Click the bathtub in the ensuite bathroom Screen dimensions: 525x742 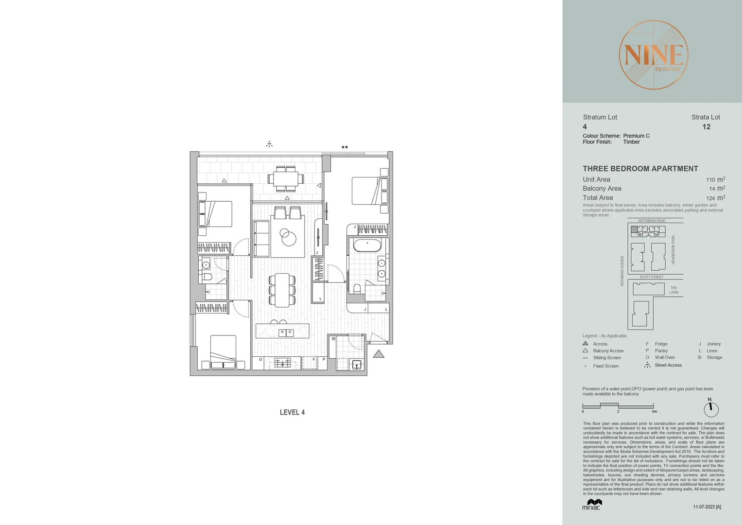(x=367, y=245)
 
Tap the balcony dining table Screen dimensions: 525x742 (x=285, y=179)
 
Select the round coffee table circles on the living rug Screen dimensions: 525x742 (x=288, y=237)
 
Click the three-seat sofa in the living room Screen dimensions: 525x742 (x=261, y=238)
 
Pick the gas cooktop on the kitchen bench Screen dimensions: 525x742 (x=282, y=363)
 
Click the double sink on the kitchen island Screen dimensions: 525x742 (x=286, y=332)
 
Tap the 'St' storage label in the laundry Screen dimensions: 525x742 (x=333, y=339)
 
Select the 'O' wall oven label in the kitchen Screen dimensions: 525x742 (x=261, y=360)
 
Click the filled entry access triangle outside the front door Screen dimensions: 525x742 (x=379, y=354)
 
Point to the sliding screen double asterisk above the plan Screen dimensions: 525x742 (x=345, y=147)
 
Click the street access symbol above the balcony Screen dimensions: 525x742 (x=269, y=144)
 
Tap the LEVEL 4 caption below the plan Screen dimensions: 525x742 (x=292, y=412)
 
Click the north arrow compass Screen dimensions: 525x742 (x=711, y=408)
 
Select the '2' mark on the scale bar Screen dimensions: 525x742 (x=618, y=412)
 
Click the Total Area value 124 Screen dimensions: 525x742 (x=710, y=198)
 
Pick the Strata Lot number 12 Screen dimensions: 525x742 (x=706, y=127)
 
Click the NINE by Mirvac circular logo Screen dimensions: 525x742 (x=653, y=55)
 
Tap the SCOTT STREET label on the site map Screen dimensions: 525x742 (x=651, y=277)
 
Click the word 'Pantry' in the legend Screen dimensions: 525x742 (x=661, y=350)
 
